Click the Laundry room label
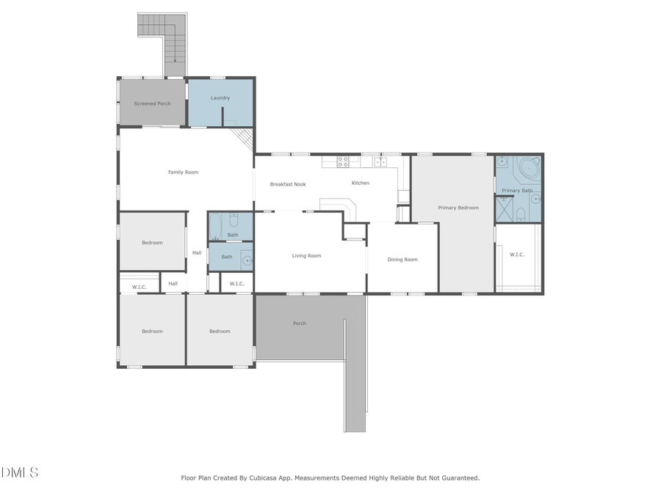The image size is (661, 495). pos(220,98)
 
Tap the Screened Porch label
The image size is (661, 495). pos(152,103)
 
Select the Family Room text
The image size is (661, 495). pos(183,172)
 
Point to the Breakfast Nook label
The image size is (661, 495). pos(288,184)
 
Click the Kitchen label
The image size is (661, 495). pos(360,183)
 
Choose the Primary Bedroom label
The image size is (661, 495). pos(458,208)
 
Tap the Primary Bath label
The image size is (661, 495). pos(517,191)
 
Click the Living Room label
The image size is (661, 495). pos(306,256)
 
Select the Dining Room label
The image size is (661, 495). pos(402,259)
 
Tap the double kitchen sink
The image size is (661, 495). pos(380,162)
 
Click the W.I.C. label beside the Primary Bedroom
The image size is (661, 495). pos(517,254)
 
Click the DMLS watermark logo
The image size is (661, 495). pos(20,472)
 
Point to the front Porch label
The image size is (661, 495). pos(300,323)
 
